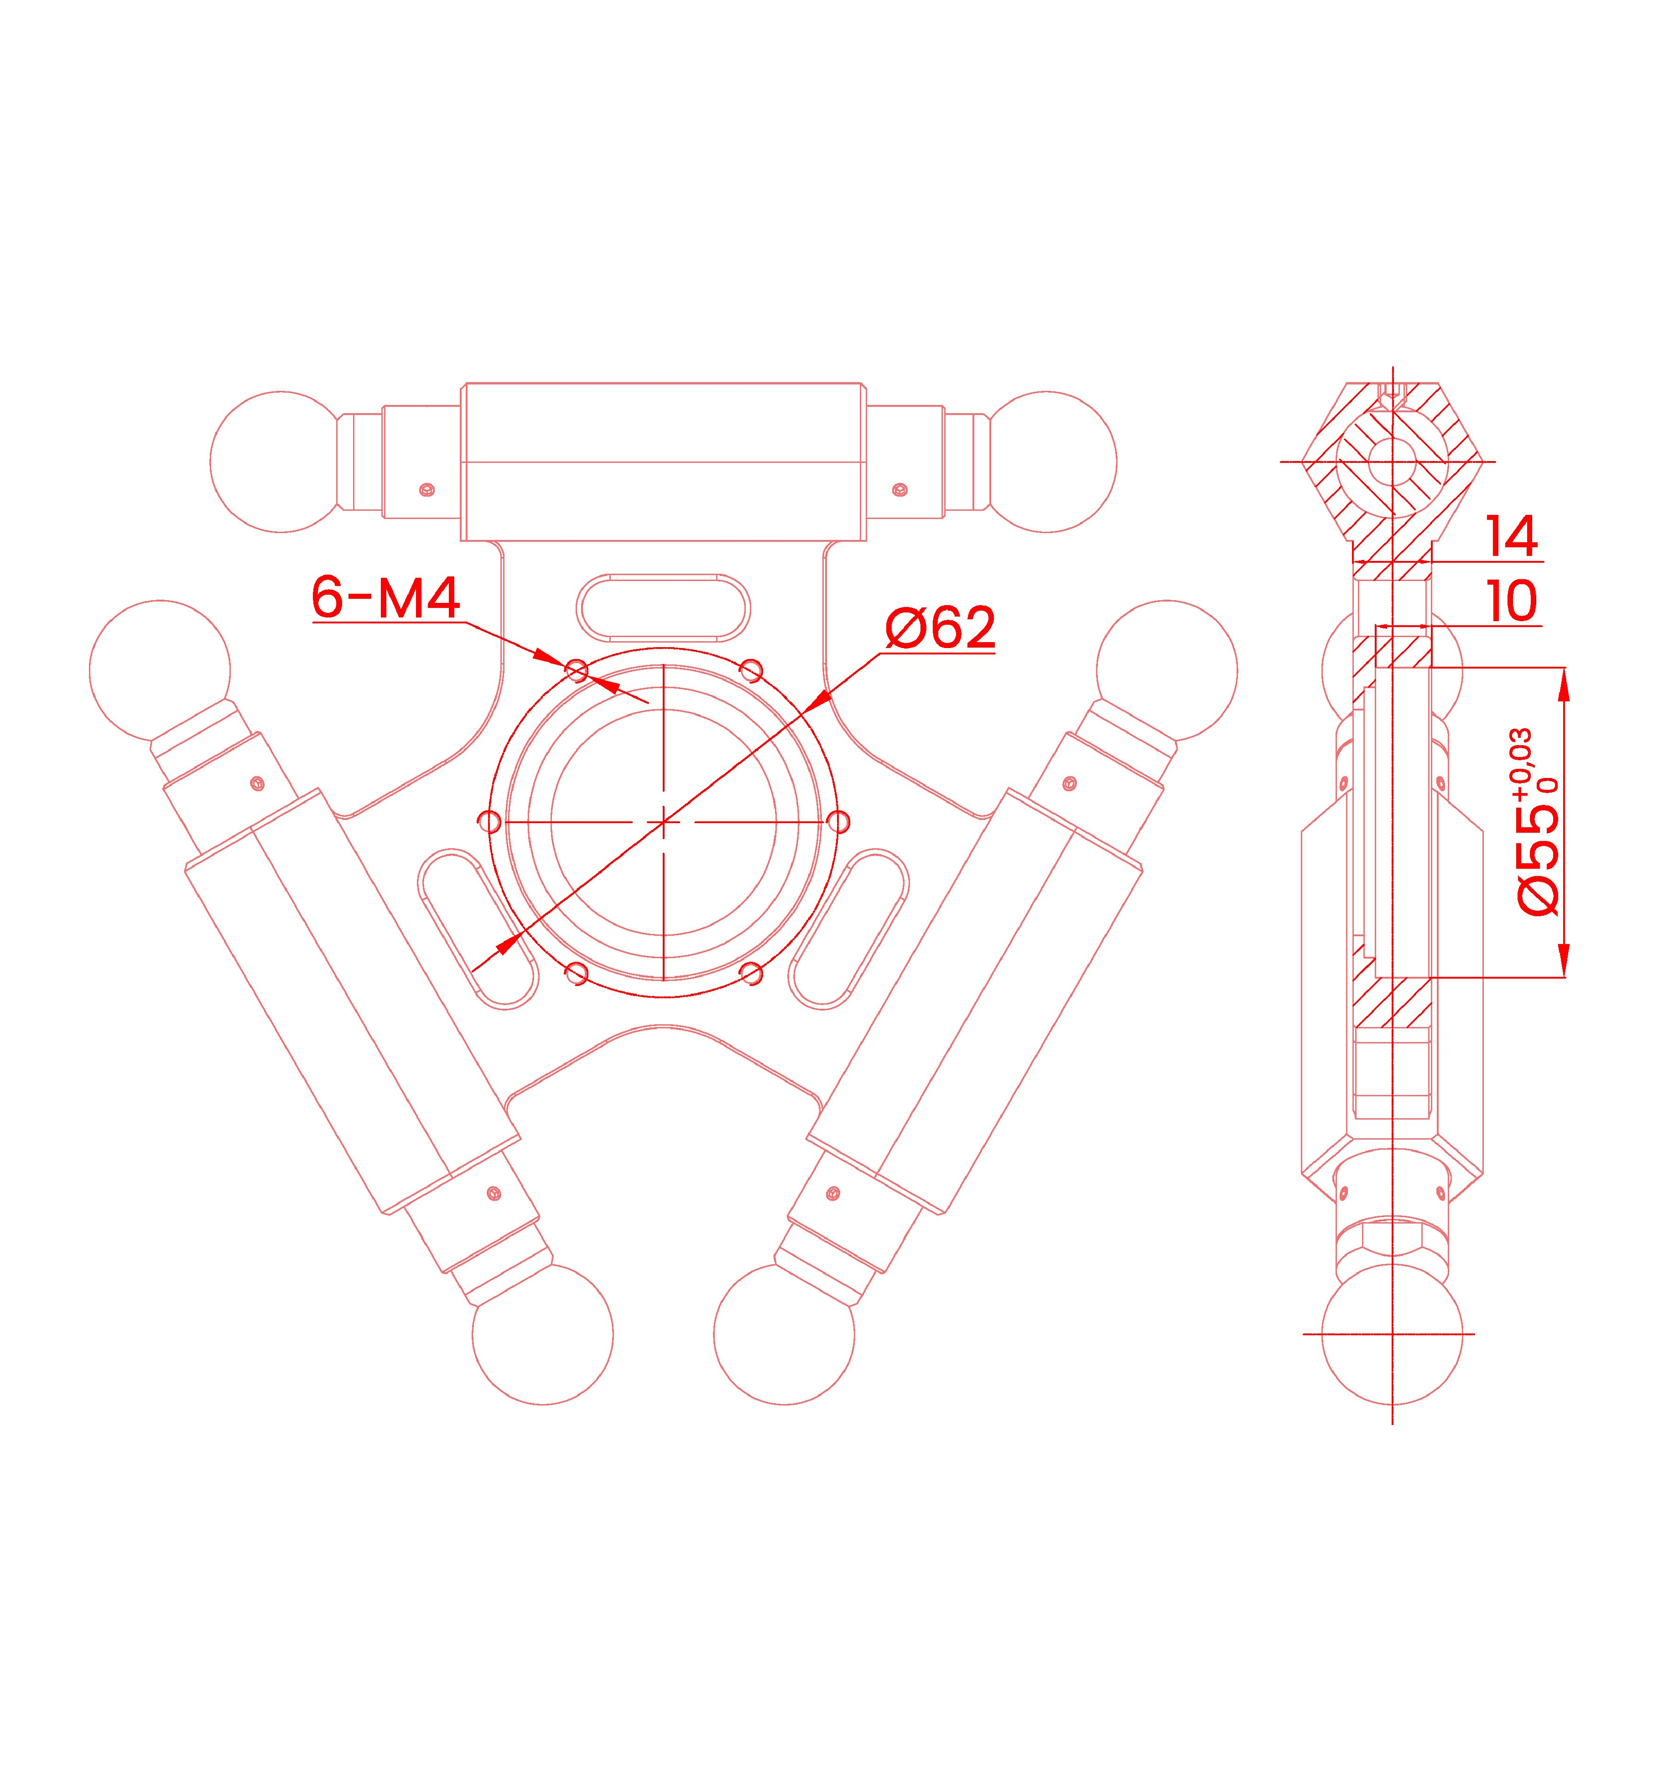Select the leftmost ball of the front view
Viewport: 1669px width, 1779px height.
[160, 669]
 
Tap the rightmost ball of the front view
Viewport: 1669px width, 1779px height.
[1167, 669]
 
